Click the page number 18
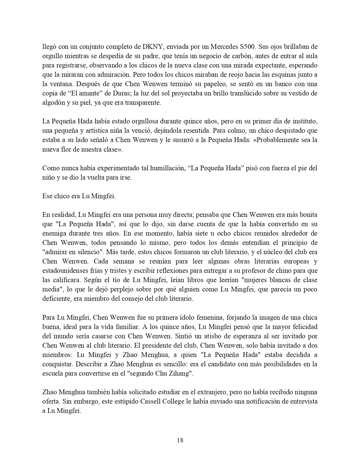180,440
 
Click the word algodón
53,103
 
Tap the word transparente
144,103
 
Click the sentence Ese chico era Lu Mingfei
79,196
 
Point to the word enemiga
54,233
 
